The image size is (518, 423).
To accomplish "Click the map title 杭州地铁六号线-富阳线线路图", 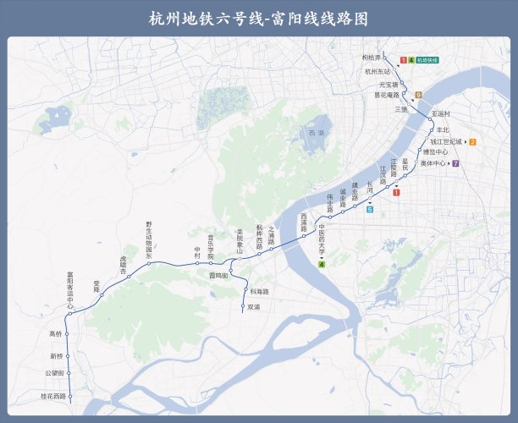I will [259, 18].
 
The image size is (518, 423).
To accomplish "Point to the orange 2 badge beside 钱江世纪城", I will [472, 141].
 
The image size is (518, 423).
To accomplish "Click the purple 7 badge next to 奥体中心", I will [455, 163].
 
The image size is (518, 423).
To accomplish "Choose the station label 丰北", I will [444, 129].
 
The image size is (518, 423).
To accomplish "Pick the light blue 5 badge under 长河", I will [370, 209].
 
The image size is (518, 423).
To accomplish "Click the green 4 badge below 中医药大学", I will [322, 265].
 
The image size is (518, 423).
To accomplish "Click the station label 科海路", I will [259, 291].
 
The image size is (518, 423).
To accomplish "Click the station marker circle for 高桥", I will [67, 334].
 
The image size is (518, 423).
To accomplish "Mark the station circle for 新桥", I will [67, 356].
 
